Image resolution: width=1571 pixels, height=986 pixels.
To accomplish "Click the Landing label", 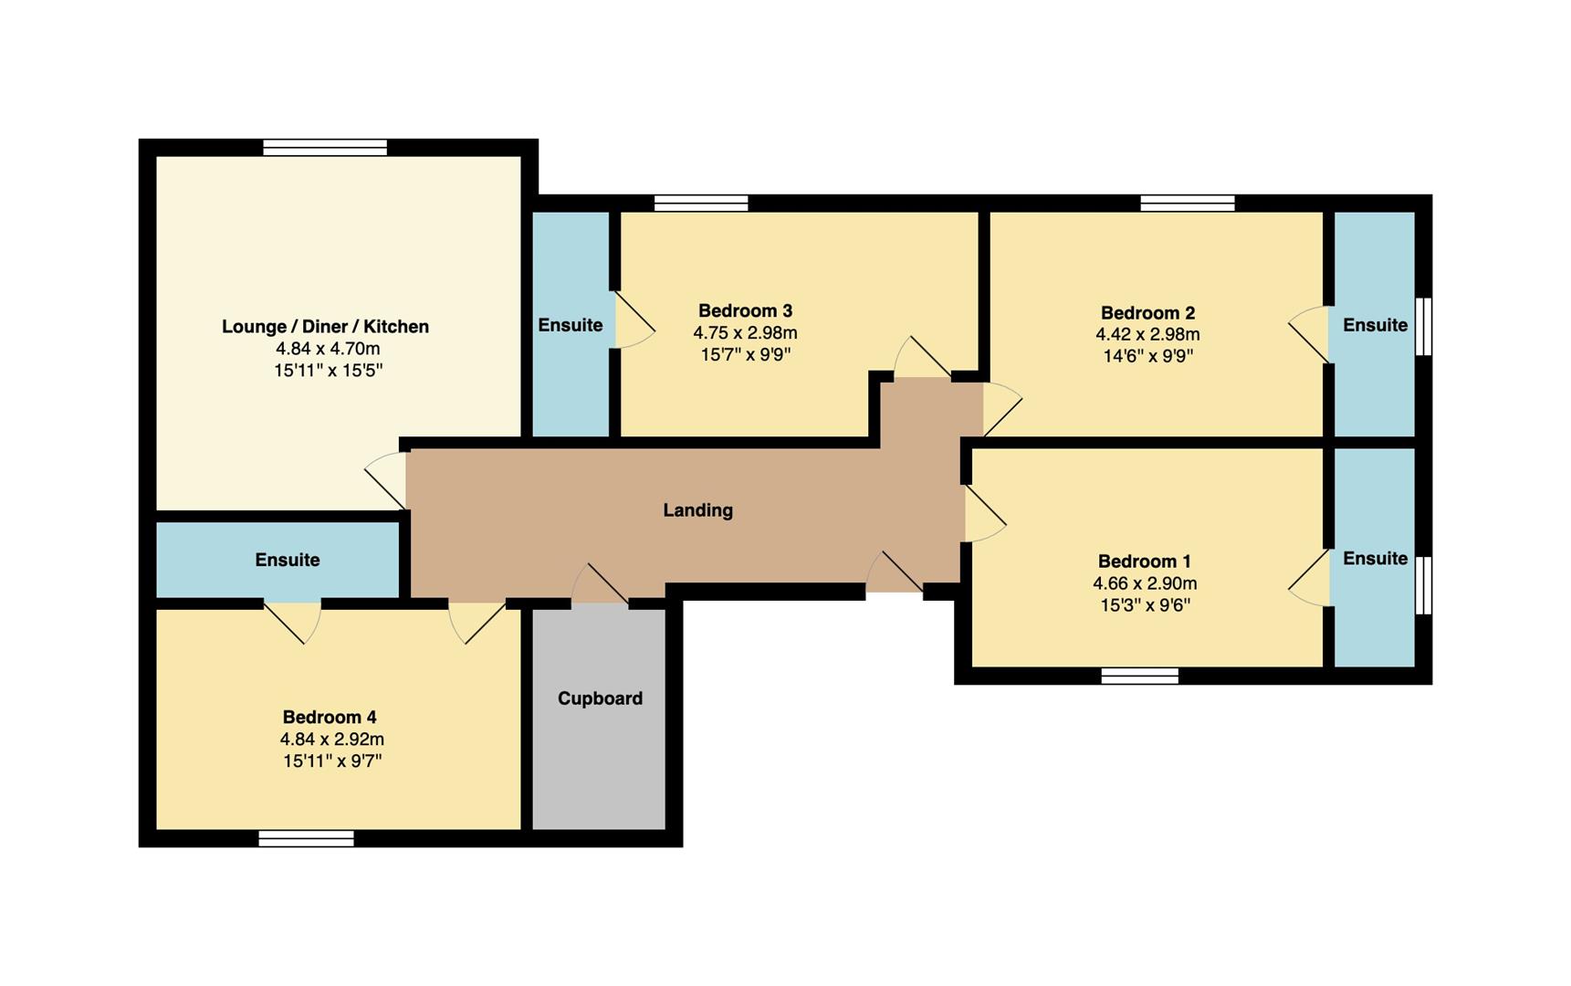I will [x=697, y=510].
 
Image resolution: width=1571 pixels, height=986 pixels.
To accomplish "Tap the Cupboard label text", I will [x=600, y=698].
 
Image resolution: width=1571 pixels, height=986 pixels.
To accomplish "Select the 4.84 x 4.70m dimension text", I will [x=328, y=349].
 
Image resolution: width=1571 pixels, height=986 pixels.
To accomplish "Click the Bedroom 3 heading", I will [x=745, y=311].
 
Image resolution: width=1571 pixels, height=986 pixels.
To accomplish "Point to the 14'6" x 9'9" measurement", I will [x=1147, y=356].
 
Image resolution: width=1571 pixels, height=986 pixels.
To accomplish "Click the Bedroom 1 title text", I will [x=1144, y=561].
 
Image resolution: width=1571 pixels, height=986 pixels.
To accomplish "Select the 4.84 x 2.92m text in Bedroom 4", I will [x=331, y=739].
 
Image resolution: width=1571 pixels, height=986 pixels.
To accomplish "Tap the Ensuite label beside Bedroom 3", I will [x=570, y=325].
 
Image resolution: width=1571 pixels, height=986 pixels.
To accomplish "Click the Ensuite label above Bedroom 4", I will [x=287, y=560].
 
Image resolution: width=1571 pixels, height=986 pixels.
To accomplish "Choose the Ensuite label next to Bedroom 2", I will [x=1375, y=325].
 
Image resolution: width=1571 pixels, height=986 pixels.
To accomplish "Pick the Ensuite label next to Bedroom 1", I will [x=1375, y=558].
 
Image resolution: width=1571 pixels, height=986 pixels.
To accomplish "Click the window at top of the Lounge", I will [x=325, y=147].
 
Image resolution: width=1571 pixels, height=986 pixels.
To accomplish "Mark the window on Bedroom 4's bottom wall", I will [x=306, y=839].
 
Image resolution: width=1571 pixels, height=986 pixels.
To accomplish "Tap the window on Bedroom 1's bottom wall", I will [x=1139, y=676].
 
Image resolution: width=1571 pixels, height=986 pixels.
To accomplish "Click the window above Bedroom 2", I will [x=1187, y=203].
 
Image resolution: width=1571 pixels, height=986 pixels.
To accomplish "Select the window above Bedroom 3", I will [x=701, y=203].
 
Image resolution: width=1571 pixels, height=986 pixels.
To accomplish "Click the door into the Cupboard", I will [x=600, y=589].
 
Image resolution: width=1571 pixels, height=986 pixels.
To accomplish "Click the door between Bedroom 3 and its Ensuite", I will [x=632, y=320].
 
